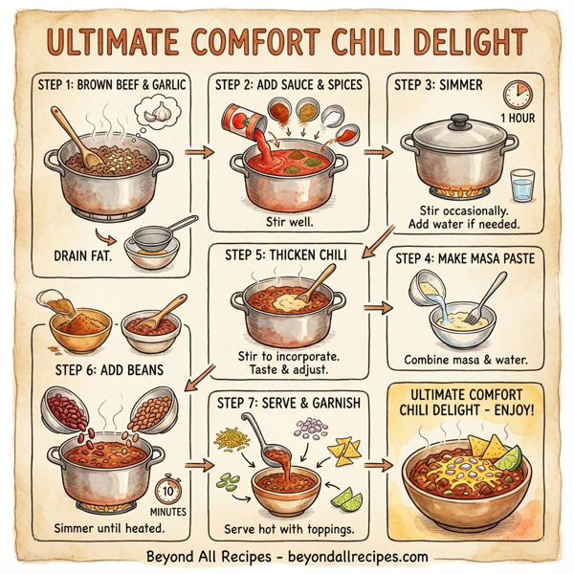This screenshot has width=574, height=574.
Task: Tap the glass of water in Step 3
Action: (521, 185)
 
